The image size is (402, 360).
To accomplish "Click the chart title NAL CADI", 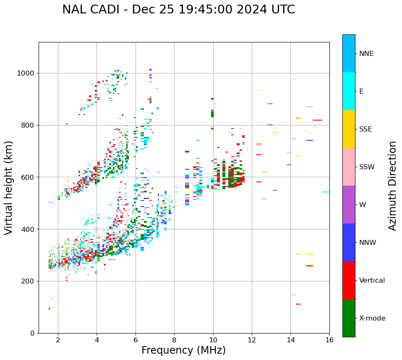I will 178,10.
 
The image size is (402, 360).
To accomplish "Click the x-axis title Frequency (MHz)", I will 183,350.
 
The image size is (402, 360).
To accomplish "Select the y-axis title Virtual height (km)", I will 9,187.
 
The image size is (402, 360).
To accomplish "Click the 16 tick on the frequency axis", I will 329,340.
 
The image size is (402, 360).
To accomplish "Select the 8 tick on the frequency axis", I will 174,340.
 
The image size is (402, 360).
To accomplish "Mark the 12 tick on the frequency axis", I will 252,340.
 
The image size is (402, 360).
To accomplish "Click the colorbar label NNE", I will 366,54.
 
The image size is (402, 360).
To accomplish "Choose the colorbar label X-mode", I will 372,318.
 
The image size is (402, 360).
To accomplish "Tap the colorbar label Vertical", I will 372,281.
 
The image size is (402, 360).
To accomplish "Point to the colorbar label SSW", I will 366,167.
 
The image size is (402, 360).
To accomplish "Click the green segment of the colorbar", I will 349,318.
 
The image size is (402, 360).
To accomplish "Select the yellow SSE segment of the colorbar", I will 349,129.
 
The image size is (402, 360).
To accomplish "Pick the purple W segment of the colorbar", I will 349,205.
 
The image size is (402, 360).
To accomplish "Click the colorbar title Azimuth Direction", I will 392,186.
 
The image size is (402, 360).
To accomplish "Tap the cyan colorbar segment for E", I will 349,91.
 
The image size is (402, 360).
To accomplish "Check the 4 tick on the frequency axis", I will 97,340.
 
